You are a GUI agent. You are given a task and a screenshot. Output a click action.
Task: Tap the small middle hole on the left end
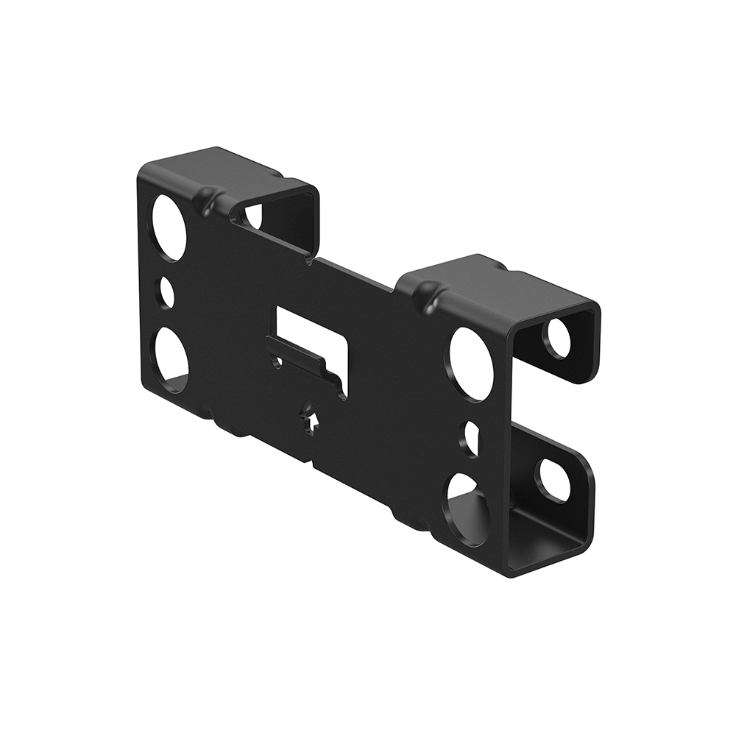[x=167, y=293]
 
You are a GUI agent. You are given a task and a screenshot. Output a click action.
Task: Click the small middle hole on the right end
[x=469, y=439]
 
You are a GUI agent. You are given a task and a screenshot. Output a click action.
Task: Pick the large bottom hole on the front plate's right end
[x=465, y=509]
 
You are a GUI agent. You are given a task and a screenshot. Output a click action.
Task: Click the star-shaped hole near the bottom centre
[x=310, y=422]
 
